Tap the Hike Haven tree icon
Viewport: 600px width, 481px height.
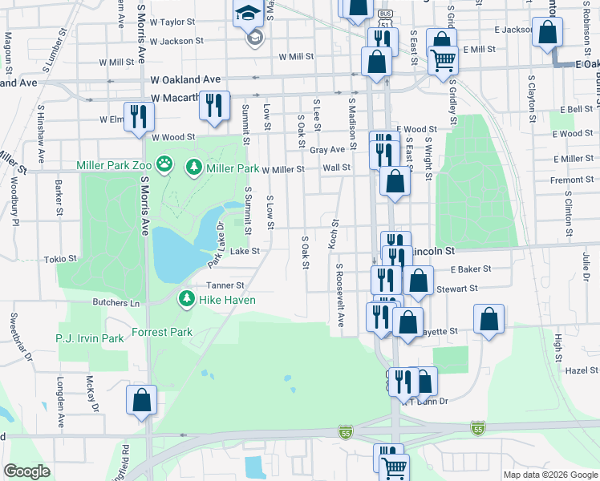point(186,299)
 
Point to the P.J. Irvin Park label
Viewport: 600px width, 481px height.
point(90,338)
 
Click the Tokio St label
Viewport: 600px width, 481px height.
point(60,259)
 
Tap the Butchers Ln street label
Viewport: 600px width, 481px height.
point(117,303)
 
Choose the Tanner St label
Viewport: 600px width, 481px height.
point(225,285)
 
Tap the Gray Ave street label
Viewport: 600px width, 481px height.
point(326,150)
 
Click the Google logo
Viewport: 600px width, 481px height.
point(26,471)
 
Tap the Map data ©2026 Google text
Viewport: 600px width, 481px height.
point(549,475)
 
